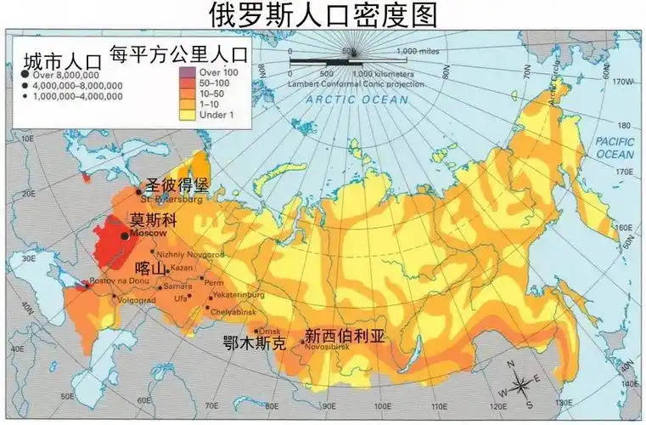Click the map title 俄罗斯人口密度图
tap(323, 14)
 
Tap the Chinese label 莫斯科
tap(154, 218)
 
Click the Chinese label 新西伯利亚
tap(345, 336)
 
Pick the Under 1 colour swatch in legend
tap(188, 114)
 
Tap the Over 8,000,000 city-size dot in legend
tap(25, 76)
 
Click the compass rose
tap(525, 381)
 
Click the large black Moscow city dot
tap(125, 235)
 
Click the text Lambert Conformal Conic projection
tap(348, 83)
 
